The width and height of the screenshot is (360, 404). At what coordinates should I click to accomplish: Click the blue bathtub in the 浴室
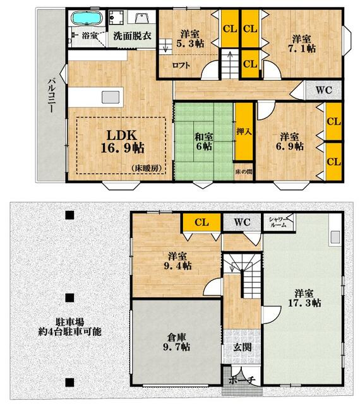click(87, 18)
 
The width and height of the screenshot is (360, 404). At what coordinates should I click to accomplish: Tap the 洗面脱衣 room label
click(132, 35)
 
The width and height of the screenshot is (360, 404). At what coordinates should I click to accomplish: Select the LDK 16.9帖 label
click(123, 141)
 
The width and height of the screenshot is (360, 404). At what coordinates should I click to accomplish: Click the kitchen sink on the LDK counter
click(111, 97)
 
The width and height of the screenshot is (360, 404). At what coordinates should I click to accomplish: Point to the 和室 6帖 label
click(204, 141)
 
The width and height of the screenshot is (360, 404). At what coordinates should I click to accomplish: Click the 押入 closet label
click(244, 131)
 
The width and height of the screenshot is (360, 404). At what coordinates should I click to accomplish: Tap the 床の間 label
click(243, 172)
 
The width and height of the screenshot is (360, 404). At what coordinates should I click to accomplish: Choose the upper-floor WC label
click(324, 90)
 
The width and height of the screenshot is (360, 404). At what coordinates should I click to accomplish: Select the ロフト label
click(181, 65)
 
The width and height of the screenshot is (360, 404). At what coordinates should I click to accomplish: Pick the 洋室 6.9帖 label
click(290, 141)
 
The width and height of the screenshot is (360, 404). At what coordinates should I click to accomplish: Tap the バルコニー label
click(52, 96)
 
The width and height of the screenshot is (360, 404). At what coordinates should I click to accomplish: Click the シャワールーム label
click(278, 222)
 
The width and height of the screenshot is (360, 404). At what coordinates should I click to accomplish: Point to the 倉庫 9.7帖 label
click(177, 342)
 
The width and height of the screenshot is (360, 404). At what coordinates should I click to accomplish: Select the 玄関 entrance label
click(243, 347)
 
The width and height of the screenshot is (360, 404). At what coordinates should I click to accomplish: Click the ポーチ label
click(242, 380)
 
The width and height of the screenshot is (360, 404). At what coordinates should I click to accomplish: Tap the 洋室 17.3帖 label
click(304, 298)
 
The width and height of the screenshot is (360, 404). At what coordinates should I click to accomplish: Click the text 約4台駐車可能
click(70, 331)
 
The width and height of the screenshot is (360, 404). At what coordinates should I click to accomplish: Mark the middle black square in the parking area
click(69, 298)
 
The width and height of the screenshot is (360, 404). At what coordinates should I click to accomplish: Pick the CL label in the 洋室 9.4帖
click(201, 222)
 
